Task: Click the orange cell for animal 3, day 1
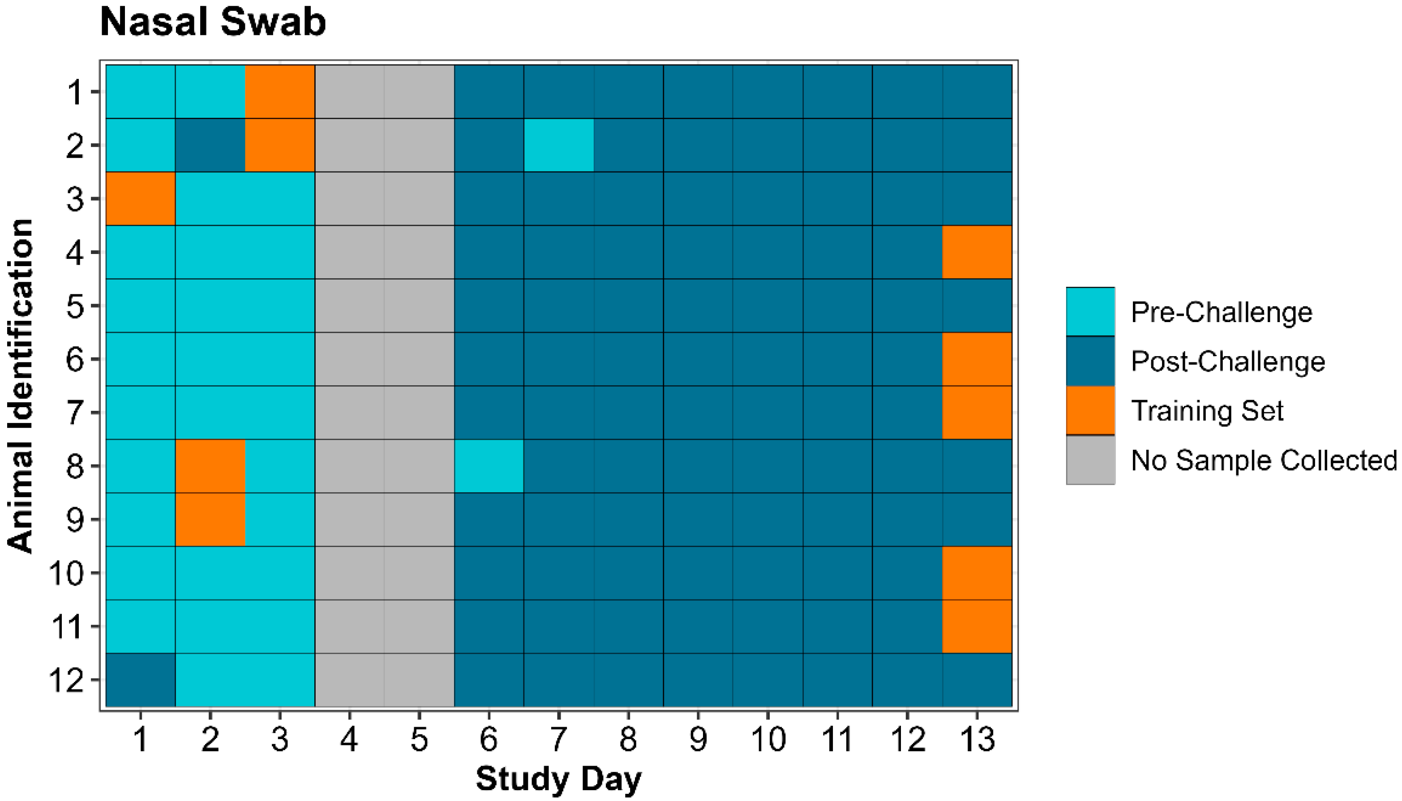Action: pos(140,198)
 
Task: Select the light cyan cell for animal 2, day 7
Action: pos(558,145)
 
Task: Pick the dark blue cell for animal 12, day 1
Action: pos(140,680)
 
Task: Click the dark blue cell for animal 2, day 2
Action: pos(210,145)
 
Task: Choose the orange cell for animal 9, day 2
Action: pos(210,519)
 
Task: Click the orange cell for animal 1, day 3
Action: pos(280,92)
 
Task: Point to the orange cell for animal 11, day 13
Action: pos(977,626)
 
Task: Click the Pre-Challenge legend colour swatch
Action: pos(1090,312)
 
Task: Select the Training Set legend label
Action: pos(1207,411)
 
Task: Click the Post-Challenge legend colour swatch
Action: pos(1090,362)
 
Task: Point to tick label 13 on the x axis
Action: pos(977,739)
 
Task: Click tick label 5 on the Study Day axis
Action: pos(419,739)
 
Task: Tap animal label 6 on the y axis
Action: pos(75,360)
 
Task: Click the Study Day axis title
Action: pos(558,779)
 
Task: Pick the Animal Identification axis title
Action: pos(21,385)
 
